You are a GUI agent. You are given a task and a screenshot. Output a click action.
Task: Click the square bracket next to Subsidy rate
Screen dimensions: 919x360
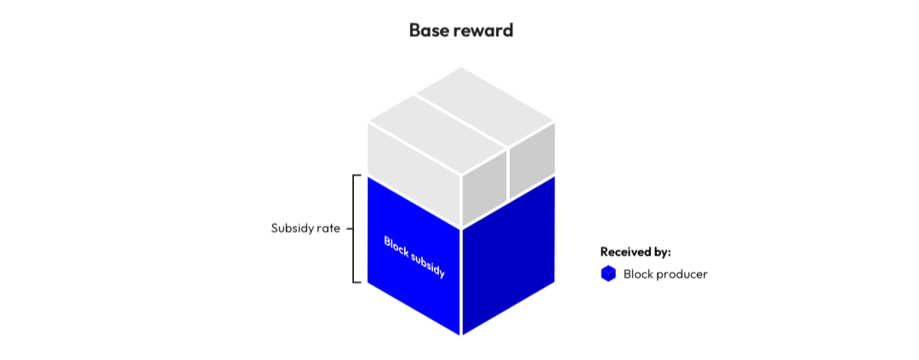(355, 228)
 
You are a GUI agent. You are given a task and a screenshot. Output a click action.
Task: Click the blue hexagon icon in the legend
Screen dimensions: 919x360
(608, 274)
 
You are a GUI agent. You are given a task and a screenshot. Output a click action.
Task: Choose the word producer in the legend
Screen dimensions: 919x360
(681, 274)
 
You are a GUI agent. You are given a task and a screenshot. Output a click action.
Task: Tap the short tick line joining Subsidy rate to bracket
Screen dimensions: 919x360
(349, 228)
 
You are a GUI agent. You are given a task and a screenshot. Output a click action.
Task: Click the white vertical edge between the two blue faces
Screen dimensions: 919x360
(460, 281)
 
